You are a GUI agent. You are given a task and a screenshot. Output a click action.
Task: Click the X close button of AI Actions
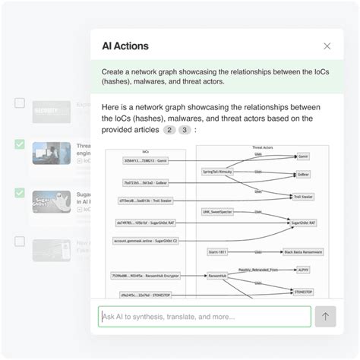pyautogui.click(x=327, y=46)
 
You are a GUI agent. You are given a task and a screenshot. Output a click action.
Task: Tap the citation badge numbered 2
pyautogui.click(x=170, y=131)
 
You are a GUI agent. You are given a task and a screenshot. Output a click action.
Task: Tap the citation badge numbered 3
pyautogui.click(x=185, y=131)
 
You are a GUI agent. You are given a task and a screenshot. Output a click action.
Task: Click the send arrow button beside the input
pyautogui.click(x=325, y=317)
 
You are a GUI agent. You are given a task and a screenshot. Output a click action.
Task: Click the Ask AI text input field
pyautogui.click(x=204, y=317)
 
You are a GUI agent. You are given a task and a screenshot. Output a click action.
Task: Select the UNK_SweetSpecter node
pyautogui.click(x=220, y=211)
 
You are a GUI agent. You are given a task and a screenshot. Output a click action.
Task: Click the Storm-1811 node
pyautogui.click(x=218, y=251)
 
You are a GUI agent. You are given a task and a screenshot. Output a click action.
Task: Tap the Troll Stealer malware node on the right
pyautogui.click(x=303, y=197)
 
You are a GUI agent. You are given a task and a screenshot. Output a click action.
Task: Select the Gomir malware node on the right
pyautogui.click(x=304, y=156)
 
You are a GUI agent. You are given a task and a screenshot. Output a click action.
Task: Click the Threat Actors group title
pyautogui.click(x=262, y=147)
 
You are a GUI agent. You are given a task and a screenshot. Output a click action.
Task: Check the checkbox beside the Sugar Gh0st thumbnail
pyautogui.click(x=20, y=193)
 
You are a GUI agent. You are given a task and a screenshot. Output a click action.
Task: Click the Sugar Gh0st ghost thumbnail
pyautogui.click(x=52, y=203)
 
